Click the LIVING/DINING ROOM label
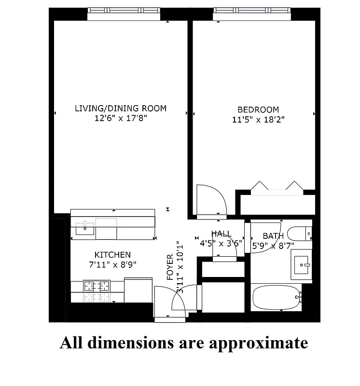pos(120,108)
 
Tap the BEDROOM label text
pos(258,110)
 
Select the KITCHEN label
pos(112,254)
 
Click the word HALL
pos(221,234)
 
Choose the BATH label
pos(273,236)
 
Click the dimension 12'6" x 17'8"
pos(121,118)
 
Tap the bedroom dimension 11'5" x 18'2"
pos(259,120)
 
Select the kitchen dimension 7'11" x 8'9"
pos(112,264)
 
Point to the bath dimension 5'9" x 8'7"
pos(273,245)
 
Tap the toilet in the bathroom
pos(299,234)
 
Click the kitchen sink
pos(85,228)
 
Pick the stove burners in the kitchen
pos(97,291)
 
